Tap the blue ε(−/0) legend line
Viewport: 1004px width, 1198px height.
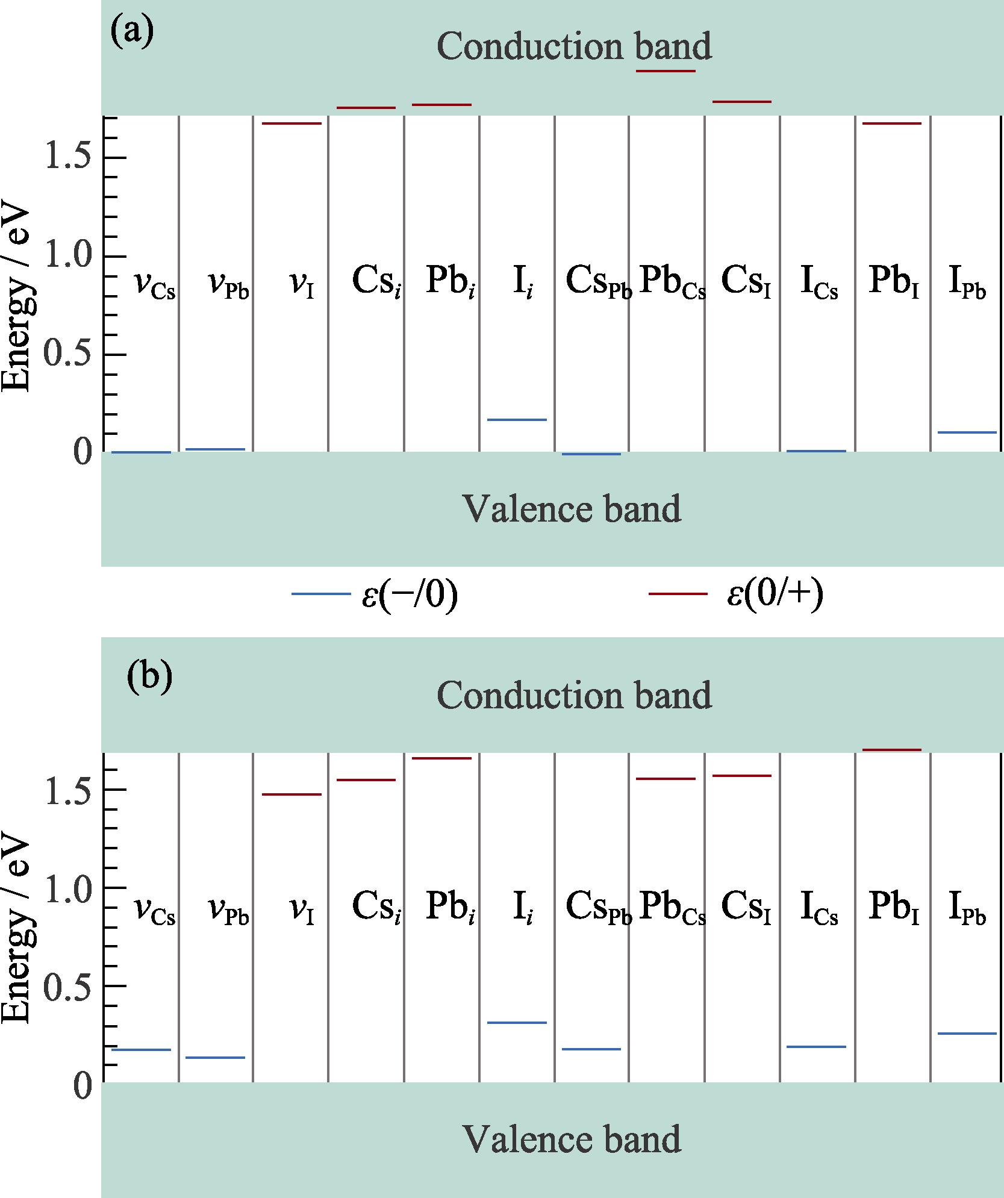(321, 594)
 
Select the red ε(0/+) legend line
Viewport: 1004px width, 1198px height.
(678, 594)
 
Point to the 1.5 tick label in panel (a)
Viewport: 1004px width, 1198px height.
(68, 158)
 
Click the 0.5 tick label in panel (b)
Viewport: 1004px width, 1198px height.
(68, 986)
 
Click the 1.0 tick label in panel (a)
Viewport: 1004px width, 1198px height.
(68, 257)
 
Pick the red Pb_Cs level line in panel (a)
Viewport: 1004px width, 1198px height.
(666, 71)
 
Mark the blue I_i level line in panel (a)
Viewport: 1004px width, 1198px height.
(517, 419)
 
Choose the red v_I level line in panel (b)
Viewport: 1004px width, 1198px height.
(292, 794)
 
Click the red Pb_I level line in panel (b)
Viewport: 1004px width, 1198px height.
(892, 750)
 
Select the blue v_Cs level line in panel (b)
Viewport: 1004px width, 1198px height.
(142, 1050)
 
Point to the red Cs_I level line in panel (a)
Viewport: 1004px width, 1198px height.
(741, 101)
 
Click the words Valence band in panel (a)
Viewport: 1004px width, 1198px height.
(572, 509)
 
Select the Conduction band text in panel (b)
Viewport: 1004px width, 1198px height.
(574, 696)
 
